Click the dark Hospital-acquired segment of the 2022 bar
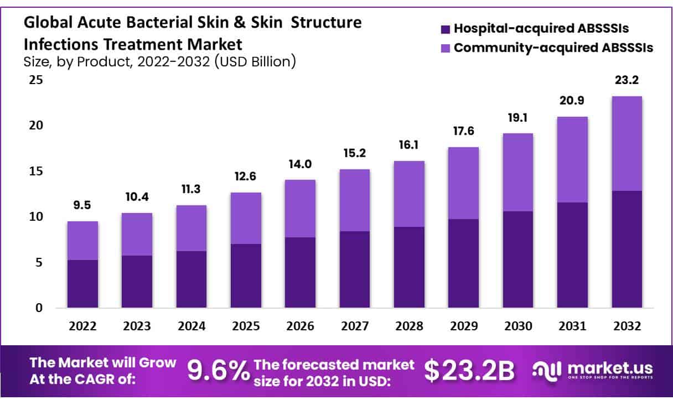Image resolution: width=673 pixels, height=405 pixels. (x=82, y=283)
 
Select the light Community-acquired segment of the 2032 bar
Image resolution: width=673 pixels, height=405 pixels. (x=627, y=143)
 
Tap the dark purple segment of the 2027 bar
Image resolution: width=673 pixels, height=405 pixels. (x=355, y=269)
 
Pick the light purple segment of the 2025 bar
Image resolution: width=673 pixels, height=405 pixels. (x=246, y=218)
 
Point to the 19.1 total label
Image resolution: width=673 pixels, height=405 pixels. (x=517, y=117)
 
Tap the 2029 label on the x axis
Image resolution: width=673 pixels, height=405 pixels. (x=463, y=326)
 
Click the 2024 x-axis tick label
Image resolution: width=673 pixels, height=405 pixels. (x=191, y=326)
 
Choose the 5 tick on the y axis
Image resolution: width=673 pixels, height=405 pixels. (x=38, y=262)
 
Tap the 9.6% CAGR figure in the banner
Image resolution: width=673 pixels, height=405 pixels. (x=218, y=371)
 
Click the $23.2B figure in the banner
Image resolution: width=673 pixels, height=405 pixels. (x=469, y=371)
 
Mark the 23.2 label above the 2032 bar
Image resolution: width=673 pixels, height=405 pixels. (x=627, y=80)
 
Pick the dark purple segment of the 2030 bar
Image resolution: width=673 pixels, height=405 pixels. (x=517, y=259)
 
